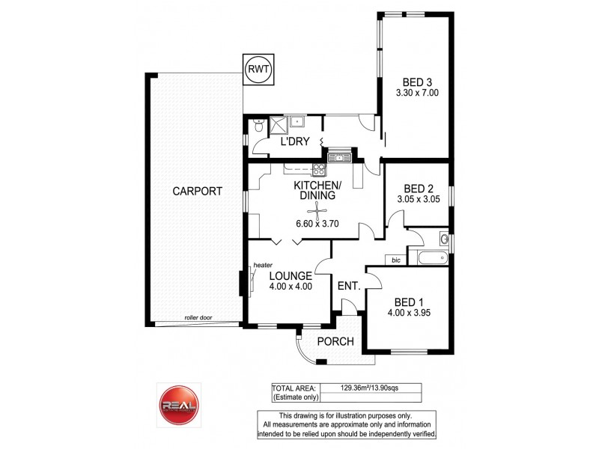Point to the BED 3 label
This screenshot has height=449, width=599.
(417, 82)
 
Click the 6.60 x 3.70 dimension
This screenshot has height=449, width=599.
(318, 224)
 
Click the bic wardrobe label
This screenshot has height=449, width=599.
(395, 260)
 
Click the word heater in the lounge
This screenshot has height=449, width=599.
(262, 266)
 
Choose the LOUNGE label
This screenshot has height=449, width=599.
(290, 275)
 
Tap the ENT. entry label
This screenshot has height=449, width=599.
(350, 286)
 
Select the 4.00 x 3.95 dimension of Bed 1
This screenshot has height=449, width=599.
(408, 314)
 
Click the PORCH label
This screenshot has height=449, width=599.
(334, 342)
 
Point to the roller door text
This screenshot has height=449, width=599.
(198, 318)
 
